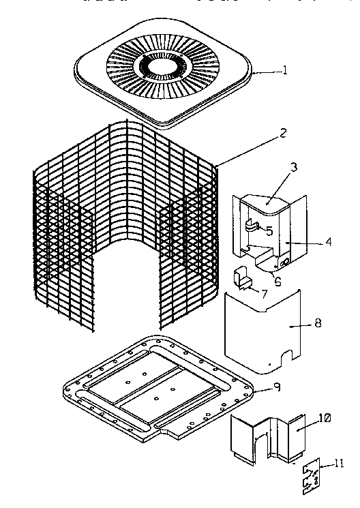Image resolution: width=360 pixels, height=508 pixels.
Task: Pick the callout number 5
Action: point(269,231)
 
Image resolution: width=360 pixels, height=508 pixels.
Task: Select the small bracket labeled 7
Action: point(239,278)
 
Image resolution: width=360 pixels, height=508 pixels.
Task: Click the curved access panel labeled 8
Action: point(262,331)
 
